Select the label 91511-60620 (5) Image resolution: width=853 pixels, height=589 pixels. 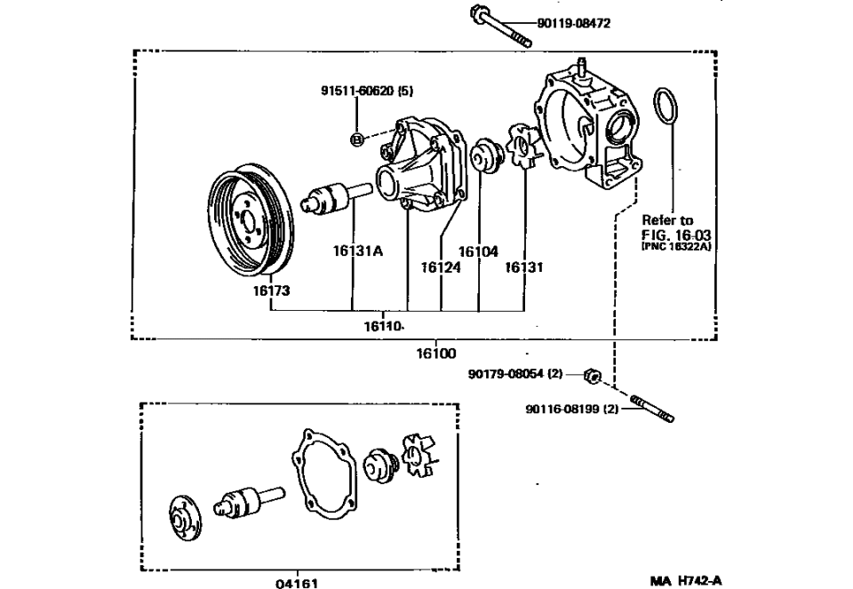[367, 91]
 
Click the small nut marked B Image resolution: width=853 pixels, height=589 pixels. [356, 139]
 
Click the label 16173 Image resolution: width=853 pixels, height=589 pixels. [271, 291]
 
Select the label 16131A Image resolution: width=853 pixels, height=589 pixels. [357, 251]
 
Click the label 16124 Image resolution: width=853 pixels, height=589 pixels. [441, 267]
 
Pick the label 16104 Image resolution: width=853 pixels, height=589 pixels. [478, 251]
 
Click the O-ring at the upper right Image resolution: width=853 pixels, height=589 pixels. [666, 107]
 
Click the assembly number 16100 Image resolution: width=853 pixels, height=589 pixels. [435, 353]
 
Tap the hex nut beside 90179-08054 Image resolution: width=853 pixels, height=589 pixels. [594, 377]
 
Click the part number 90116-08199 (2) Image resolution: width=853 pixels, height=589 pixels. [571, 410]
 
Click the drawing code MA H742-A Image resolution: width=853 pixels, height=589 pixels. [686, 581]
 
